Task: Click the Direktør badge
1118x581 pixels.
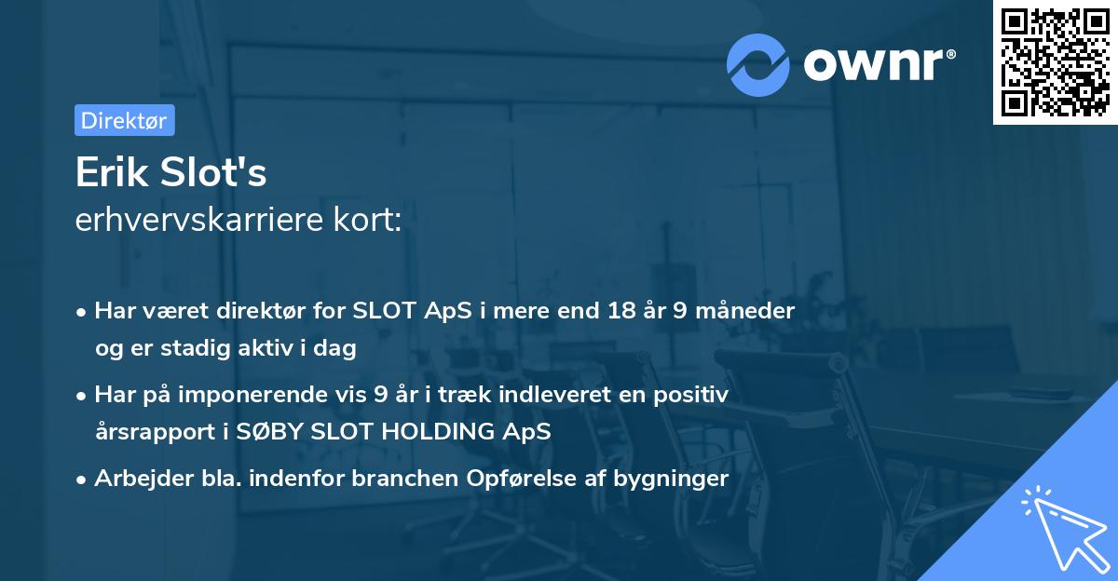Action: click(x=124, y=120)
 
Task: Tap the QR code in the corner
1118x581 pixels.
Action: click(x=1055, y=61)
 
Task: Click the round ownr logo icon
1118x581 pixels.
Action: click(x=758, y=64)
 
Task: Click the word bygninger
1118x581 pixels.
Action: click(x=678, y=479)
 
